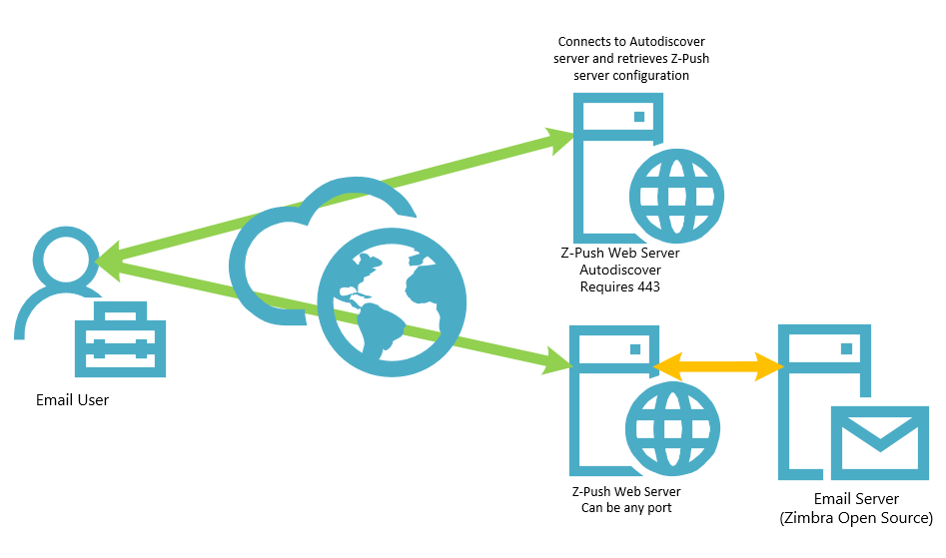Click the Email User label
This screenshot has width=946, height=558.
[72, 400]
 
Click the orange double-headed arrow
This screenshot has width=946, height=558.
[717, 365]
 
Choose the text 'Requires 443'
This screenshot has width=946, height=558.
[620, 286]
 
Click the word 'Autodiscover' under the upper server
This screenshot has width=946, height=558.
[620, 270]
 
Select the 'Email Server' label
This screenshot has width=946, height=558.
[857, 499]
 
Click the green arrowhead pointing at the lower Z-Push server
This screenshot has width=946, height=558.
[554, 359]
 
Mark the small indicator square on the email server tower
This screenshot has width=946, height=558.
[847, 348]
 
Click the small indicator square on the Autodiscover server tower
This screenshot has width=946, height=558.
[639, 117]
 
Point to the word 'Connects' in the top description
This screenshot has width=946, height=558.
[582, 42]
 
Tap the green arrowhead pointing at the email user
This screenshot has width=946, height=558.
[106, 259]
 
